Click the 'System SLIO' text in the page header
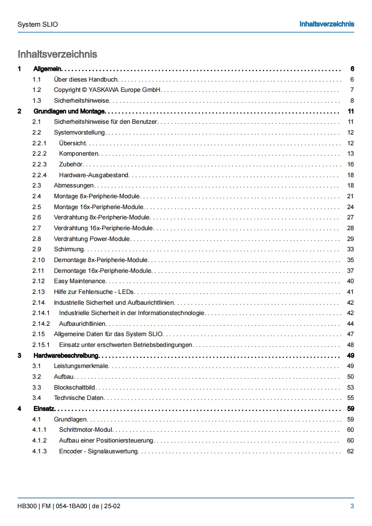[x=38, y=24]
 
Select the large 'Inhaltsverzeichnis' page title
[x=57, y=54]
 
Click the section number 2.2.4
[x=39, y=175]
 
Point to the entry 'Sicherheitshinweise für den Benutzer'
[x=105, y=122]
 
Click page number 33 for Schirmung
[x=350, y=249]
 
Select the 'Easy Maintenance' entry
[x=80, y=281]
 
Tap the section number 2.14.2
[x=41, y=323]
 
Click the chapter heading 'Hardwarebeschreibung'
[x=66, y=355]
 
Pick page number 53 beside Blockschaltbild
[x=350, y=387]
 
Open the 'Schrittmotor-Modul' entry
[x=86, y=430]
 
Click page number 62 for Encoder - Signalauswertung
[x=350, y=451]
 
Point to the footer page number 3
[x=352, y=506]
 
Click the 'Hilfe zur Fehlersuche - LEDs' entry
[x=91, y=292]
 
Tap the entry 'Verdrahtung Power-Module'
[x=92, y=239]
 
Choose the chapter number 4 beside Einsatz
[x=19, y=409]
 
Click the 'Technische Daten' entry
[x=79, y=398]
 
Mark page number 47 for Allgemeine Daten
[x=350, y=334]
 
